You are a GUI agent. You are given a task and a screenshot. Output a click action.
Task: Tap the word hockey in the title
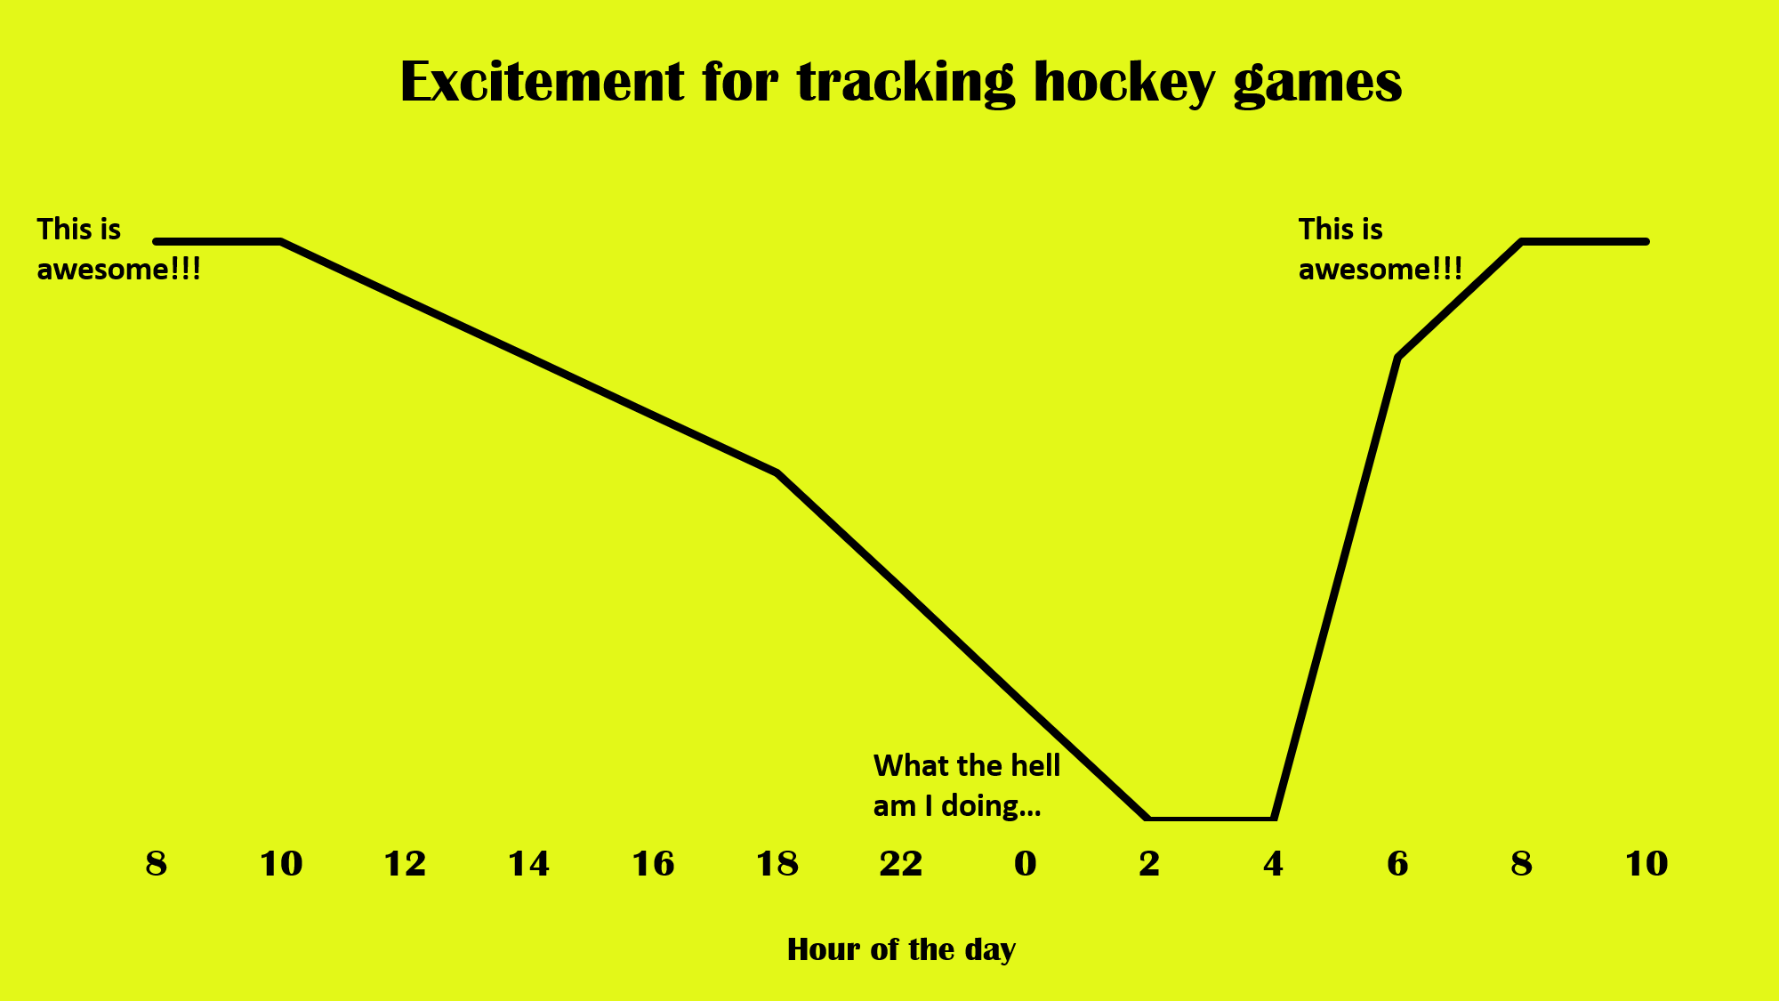(1124, 84)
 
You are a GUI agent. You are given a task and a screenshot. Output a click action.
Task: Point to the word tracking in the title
(905, 84)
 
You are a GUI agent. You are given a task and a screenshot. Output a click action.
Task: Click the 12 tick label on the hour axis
(405, 864)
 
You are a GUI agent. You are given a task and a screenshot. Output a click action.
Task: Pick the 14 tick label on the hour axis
(528, 864)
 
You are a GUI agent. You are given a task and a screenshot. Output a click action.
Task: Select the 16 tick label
(653, 864)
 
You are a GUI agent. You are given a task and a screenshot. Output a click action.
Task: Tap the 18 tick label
(777, 864)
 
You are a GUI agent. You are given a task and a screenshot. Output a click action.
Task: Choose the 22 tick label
(900, 864)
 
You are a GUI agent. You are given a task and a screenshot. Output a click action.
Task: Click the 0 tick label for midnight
(1025, 864)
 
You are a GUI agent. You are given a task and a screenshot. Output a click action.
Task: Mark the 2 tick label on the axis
(1148, 864)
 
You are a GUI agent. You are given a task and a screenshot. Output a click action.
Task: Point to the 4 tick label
(1273, 864)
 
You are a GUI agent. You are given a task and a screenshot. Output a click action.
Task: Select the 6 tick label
(1397, 864)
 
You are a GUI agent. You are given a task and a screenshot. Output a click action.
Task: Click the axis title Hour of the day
(901, 950)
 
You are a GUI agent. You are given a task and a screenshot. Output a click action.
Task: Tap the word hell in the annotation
(1037, 765)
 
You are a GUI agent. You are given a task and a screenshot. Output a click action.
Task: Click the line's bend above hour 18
(777, 472)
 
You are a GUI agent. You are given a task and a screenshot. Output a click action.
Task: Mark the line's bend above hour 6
(1398, 357)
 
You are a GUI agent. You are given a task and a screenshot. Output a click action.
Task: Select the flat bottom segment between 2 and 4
(1211, 818)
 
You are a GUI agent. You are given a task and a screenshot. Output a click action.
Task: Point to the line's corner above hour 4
(1274, 817)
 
